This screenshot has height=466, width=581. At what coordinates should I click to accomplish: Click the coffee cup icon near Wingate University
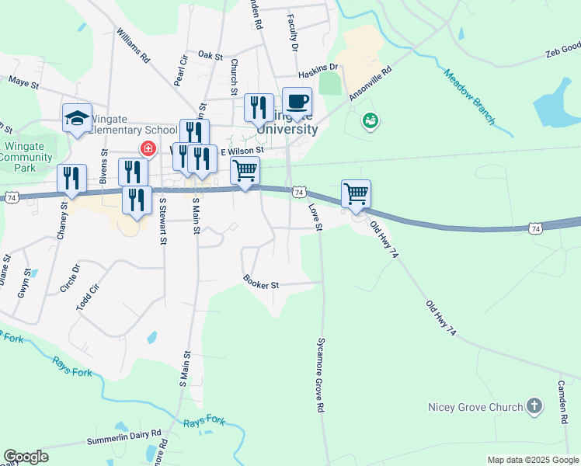[x=297, y=102]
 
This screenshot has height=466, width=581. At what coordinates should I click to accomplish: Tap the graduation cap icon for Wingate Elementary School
[x=77, y=118]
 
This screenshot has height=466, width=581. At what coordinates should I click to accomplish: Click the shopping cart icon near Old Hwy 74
[x=356, y=193]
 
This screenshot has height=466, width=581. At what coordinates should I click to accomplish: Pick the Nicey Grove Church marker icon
[x=534, y=405]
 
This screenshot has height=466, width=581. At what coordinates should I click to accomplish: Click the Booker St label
[x=261, y=283]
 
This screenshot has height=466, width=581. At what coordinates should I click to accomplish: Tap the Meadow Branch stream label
[x=469, y=97]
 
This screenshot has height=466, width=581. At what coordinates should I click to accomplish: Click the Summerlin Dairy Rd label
[x=124, y=437]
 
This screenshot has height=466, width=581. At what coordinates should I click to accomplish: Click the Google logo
[x=26, y=457]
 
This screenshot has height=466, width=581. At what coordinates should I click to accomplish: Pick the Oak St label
[x=210, y=55]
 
